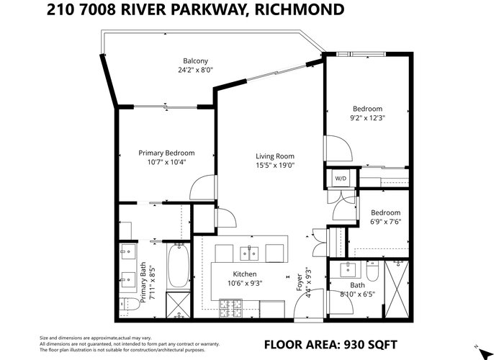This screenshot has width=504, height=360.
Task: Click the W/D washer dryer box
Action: click(341, 178)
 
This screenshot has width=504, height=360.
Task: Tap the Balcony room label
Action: click(195, 60)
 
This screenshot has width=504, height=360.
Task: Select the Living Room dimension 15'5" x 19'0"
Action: click(275, 166)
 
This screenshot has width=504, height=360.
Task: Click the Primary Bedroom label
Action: click(166, 153)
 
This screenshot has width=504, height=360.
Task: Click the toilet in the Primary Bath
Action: click(130, 304)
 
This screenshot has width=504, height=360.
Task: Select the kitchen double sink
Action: click(249, 253)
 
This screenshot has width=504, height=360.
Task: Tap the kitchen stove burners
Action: click(231, 308)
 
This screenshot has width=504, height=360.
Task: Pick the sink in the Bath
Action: click(348, 269)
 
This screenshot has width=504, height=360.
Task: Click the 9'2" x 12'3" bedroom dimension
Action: click(367, 118)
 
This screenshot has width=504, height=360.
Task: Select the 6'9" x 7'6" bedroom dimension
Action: click(385, 222)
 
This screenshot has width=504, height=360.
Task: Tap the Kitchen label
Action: click(245, 274)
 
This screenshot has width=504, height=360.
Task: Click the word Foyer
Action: click(300, 282)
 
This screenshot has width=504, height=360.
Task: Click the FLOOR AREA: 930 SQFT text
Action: click(330, 345)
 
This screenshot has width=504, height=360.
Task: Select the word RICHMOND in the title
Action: click(299, 9)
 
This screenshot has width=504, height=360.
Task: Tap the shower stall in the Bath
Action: click(397, 289)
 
